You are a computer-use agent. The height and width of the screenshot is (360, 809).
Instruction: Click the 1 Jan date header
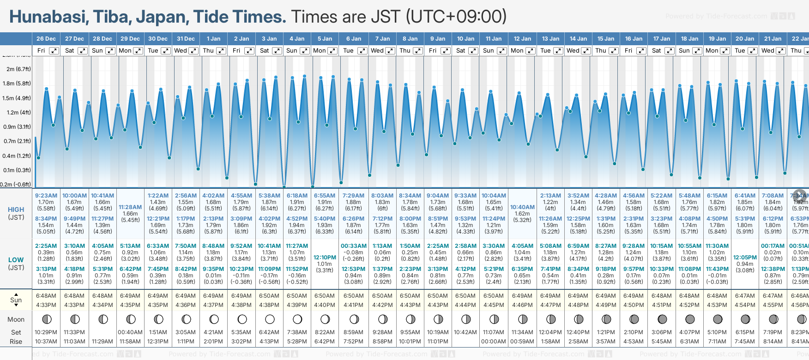coord(213,39)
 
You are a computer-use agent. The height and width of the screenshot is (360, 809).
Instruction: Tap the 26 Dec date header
coord(46,39)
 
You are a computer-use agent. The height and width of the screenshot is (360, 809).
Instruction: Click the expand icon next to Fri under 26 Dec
coord(54,51)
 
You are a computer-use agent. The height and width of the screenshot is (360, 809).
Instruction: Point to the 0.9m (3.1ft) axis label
coord(17,127)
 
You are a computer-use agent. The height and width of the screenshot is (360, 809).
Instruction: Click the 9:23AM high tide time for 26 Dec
coord(46,196)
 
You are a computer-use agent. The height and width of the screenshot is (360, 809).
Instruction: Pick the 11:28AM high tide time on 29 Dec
coord(130,207)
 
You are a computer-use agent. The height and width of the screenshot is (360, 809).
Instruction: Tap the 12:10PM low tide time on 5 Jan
coord(325,258)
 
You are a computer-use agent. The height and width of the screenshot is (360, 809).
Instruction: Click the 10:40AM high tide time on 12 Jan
coord(522,207)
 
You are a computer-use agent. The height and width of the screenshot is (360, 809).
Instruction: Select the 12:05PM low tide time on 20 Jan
coord(745,258)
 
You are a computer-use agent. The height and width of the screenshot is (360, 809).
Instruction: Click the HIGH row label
coord(16,210)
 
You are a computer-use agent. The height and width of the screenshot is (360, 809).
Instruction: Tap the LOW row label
coord(16,260)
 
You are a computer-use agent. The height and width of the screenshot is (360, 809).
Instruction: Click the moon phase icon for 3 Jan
coord(270,319)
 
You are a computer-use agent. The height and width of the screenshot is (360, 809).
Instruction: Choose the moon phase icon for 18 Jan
coord(690,319)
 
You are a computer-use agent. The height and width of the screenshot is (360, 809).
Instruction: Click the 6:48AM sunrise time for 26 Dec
coord(46,296)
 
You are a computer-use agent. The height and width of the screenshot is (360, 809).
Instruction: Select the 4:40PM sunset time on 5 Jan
coord(325,305)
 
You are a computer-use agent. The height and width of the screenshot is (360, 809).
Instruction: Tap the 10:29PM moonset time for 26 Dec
coord(46,332)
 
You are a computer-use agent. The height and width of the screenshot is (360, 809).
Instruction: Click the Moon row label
coord(16,319)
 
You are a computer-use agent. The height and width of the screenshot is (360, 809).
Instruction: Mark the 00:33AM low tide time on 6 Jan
coord(354,246)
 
